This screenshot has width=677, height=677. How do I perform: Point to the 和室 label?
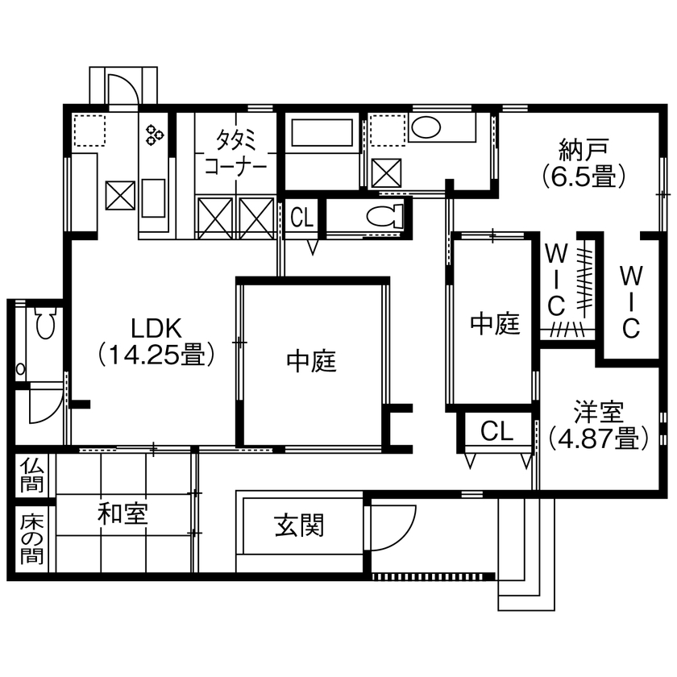(x=123, y=513)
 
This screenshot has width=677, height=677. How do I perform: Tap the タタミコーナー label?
(x=235, y=153)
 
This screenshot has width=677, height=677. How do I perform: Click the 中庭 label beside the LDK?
(x=310, y=362)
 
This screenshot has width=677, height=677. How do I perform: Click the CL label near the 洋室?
(x=496, y=431)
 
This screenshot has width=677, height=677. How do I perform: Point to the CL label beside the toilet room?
(x=302, y=217)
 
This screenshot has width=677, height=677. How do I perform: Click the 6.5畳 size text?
(x=584, y=175)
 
